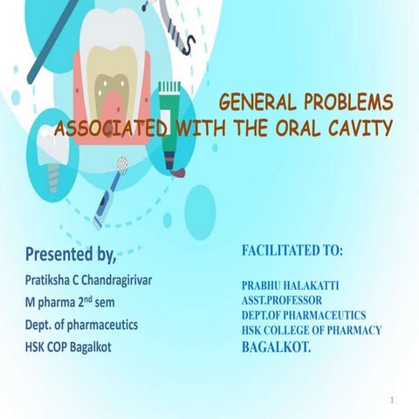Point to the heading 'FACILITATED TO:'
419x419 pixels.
(292, 251)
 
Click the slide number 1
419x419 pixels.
(393, 400)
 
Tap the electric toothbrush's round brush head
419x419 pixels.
(121, 163)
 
